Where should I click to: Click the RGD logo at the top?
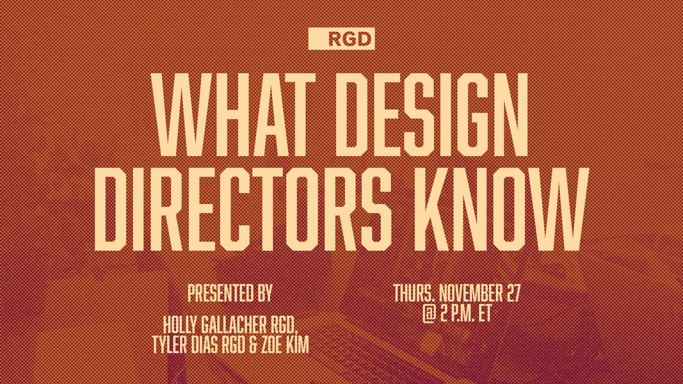click(x=341, y=39)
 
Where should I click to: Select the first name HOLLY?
click(x=181, y=324)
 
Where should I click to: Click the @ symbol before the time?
click(x=429, y=314)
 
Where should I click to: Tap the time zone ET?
click(x=484, y=314)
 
